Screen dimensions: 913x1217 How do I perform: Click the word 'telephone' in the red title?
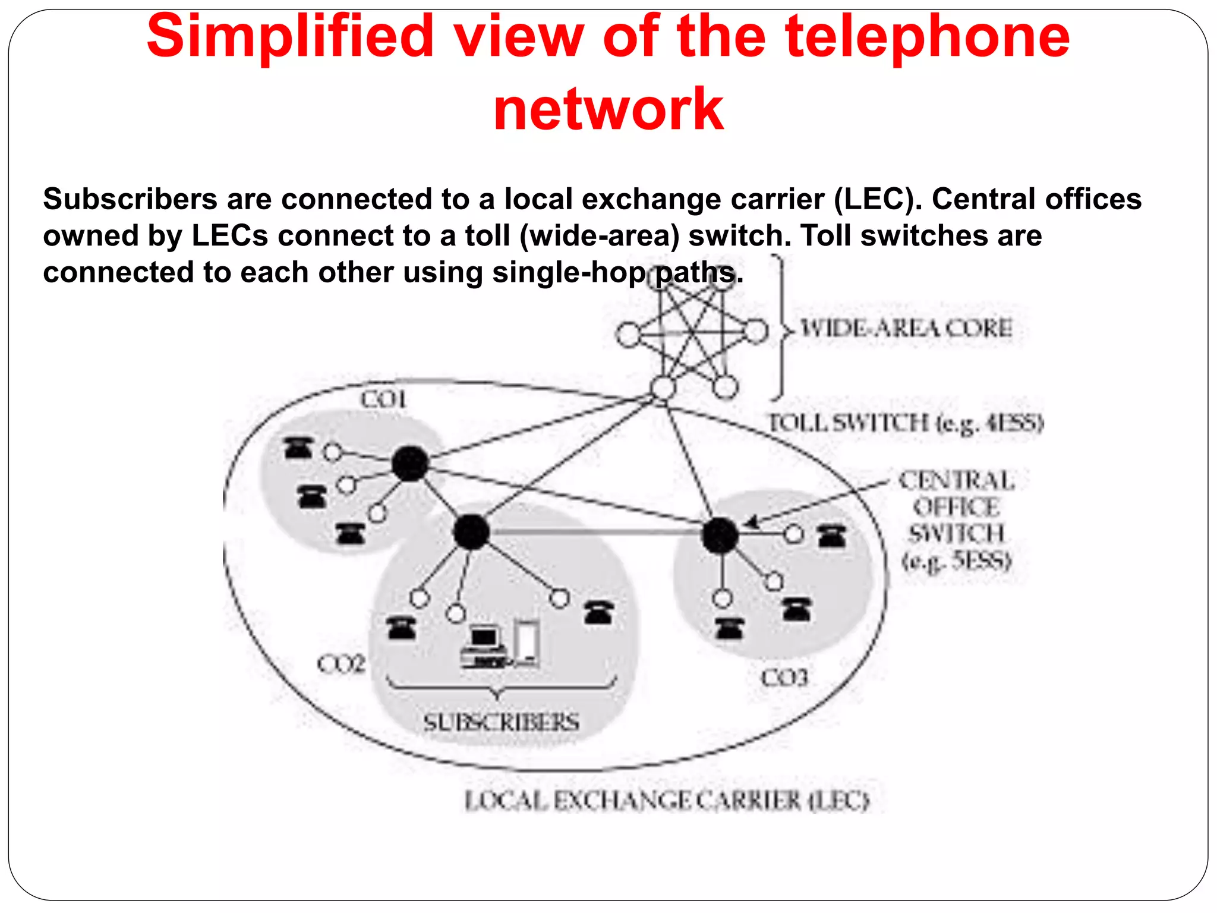(x=927, y=37)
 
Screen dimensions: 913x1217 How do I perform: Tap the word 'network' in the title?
(x=608, y=109)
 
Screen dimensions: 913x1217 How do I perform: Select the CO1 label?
(x=383, y=399)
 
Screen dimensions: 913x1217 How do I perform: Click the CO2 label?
(x=340, y=664)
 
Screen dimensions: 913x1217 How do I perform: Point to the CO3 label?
(x=784, y=677)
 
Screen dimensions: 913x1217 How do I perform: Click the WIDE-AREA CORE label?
(x=906, y=329)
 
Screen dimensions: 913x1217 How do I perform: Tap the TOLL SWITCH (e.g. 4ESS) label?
(x=906, y=423)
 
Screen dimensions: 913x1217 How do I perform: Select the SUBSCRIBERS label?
(x=501, y=722)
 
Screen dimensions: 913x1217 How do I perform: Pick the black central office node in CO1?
(x=410, y=464)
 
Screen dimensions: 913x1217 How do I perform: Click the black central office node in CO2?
(x=471, y=532)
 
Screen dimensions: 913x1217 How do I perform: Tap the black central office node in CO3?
(x=720, y=535)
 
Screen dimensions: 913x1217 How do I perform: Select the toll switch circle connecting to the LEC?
(x=663, y=389)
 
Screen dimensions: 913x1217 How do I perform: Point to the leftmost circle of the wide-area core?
(x=628, y=335)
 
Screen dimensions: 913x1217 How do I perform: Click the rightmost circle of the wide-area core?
(x=756, y=331)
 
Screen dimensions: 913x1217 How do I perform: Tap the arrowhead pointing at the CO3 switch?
(x=752, y=523)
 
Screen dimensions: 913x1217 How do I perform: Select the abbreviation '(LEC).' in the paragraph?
(x=878, y=199)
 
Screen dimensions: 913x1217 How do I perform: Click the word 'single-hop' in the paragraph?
(x=569, y=273)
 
